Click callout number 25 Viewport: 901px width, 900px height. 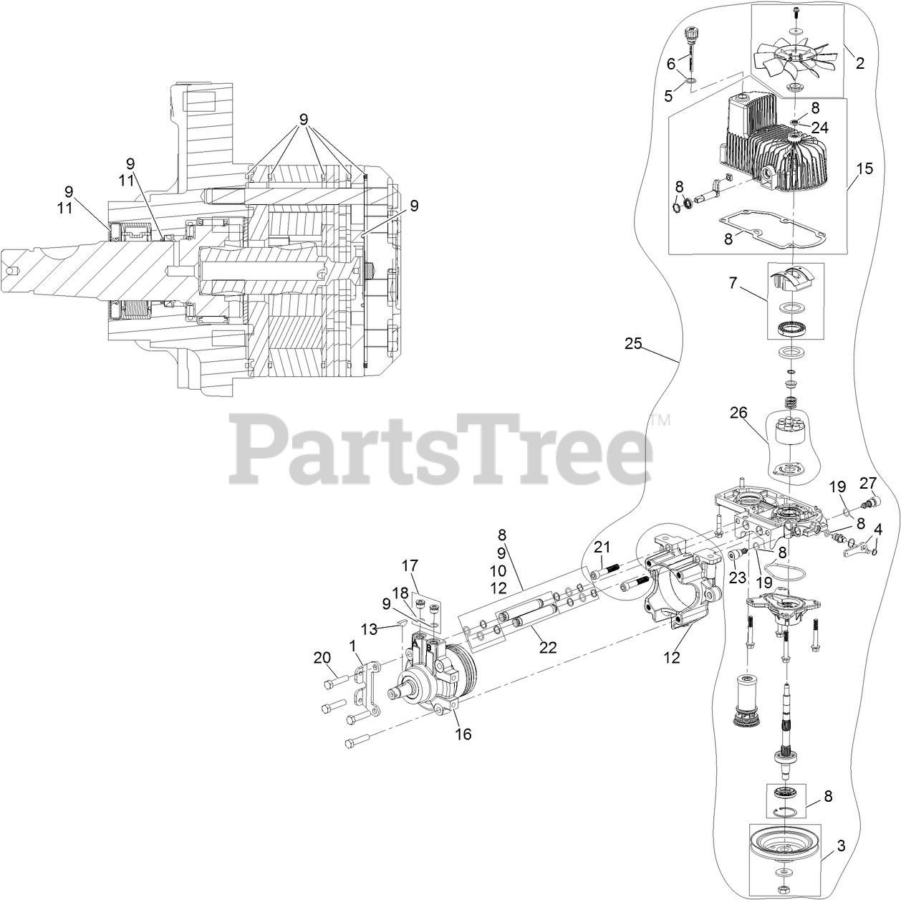coord(633,344)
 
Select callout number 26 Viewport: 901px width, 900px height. coord(738,413)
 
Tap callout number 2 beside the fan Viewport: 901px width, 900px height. coord(859,63)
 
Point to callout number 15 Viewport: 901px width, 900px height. coord(864,169)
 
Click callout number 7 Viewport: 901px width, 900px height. coord(733,284)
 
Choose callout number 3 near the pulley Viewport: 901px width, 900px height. coord(842,846)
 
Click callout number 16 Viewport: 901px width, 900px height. coord(463,734)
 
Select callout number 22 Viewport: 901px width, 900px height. coord(547,647)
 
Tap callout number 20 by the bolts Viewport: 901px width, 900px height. coord(322,657)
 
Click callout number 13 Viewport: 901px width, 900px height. coord(369,629)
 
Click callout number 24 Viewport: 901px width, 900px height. coord(819,128)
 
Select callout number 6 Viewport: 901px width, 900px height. coord(671,64)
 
